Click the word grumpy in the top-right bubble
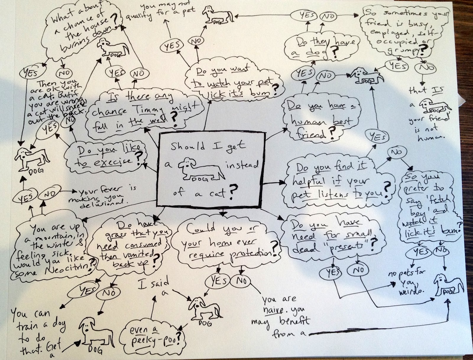[405, 49]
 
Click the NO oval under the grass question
[109, 293]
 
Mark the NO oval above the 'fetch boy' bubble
[396, 151]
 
